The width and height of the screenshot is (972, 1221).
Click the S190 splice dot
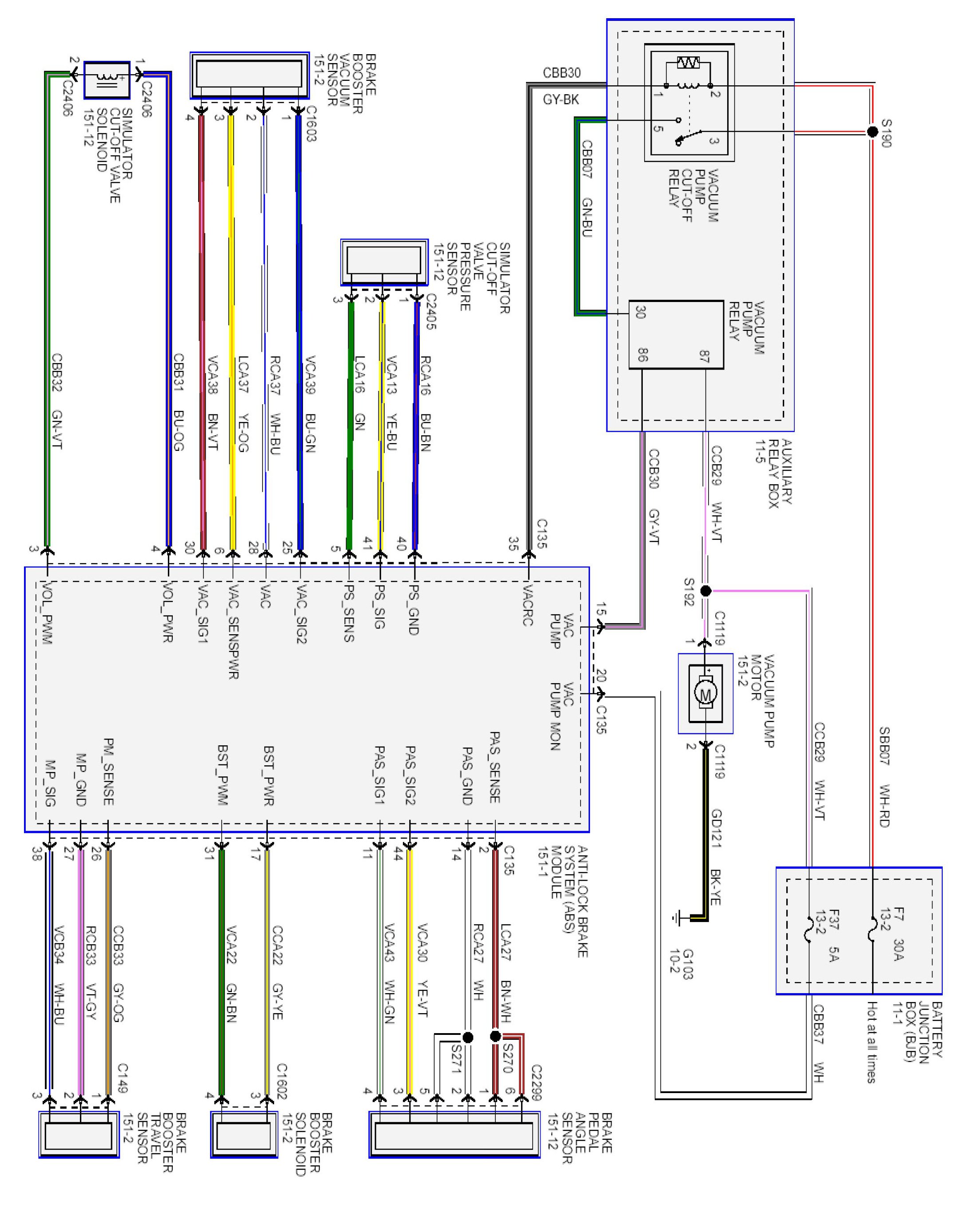click(x=872, y=132)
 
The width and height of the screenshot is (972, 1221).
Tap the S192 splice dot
click(x=706, y=591)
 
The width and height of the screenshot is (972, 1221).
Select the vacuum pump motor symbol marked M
click(x=705, y=693)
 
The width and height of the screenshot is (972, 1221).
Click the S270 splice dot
click(x=495, y=1036)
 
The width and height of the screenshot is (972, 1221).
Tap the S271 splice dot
click(x=468, y=1037)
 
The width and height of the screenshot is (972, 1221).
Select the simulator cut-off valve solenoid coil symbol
click(x=107, y=80)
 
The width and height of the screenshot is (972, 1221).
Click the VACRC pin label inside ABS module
click(x=527, y=605)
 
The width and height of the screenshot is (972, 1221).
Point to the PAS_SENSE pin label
click(x=494, y=768)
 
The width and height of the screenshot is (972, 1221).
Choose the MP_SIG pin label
click(x=50, y=784)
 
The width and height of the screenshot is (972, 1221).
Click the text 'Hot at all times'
click(x=872, y=1042)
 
